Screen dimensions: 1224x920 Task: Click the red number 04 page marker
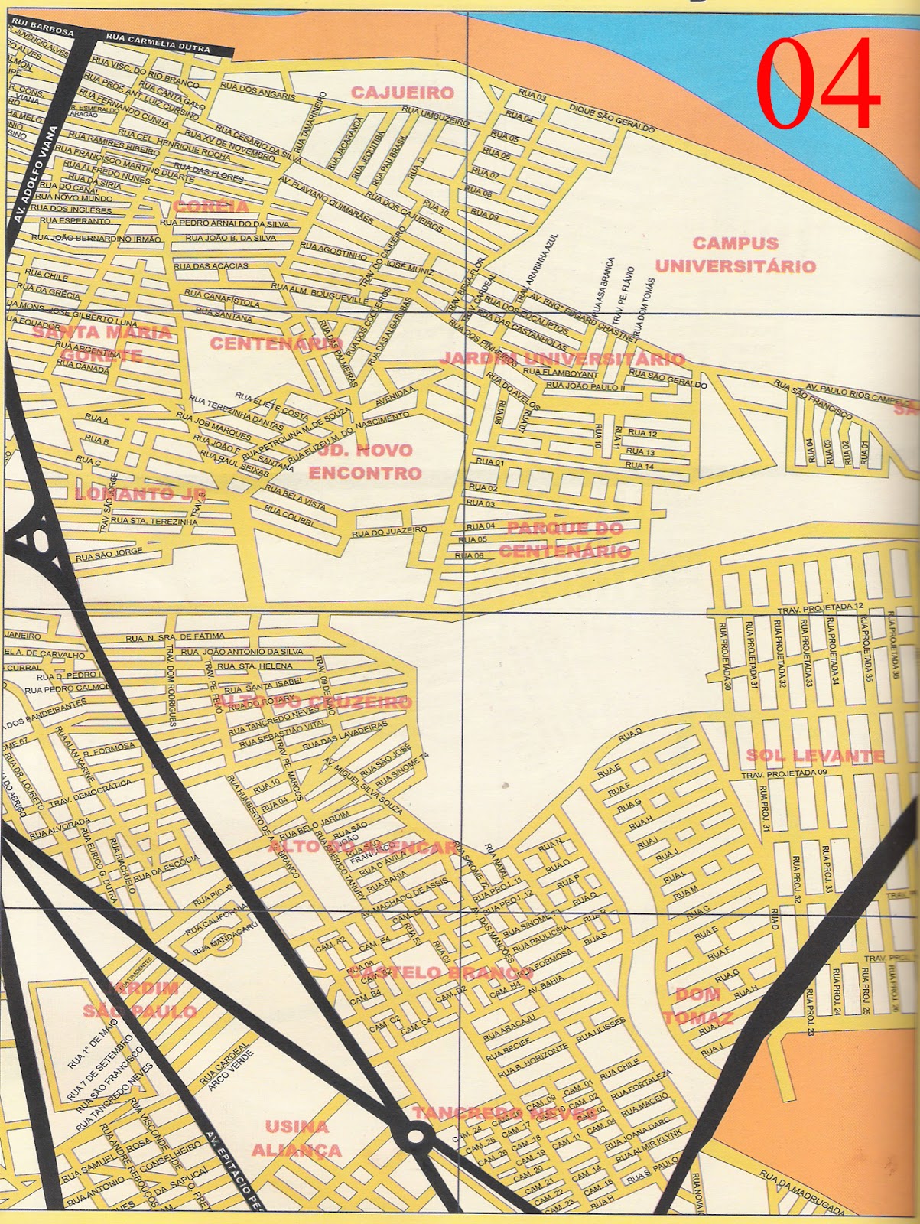817,85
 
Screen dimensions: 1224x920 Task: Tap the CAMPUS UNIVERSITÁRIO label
735,255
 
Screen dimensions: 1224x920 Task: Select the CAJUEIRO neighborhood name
402,93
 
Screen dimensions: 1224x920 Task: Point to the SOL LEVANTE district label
814,756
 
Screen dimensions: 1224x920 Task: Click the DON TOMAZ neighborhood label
697,1005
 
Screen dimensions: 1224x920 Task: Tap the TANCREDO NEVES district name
504,1113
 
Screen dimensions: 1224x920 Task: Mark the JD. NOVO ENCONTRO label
365,461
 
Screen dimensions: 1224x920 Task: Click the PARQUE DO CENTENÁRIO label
564,539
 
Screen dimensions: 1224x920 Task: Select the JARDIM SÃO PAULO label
140,999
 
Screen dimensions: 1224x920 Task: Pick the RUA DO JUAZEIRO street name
389,530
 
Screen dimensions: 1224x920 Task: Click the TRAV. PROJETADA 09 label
784,773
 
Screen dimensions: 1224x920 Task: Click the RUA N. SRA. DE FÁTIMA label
175,636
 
